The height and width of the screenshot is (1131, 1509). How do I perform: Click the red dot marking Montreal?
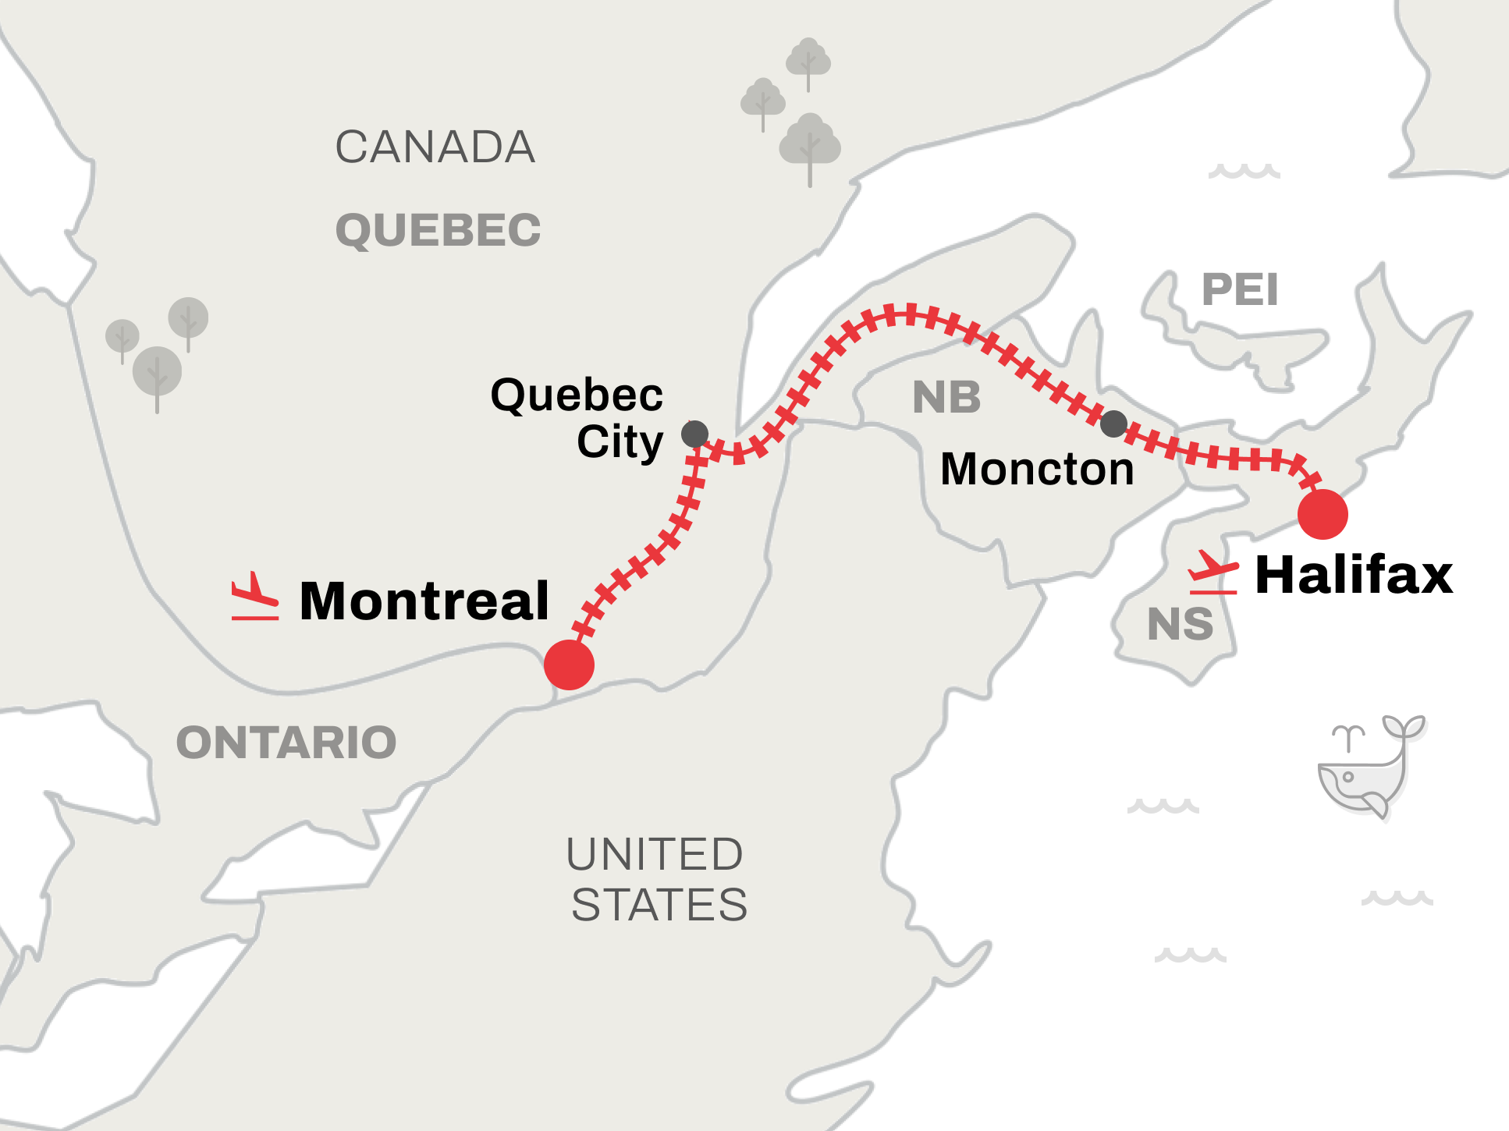[x=569, y=665]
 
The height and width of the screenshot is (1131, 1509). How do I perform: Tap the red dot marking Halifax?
[x=1323, y=514]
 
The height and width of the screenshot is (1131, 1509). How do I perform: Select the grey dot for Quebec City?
[x=694, y=434]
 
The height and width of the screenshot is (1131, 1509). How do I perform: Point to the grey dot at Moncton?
[x=1113, y=424]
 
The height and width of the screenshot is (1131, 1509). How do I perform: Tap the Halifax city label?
[x=1354, y=575]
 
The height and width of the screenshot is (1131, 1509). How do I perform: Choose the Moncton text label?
[x=1037, y=469]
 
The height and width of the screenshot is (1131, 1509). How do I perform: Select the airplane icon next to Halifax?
[x=1213, y=573]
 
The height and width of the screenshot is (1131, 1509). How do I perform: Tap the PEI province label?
[x=1240, y=289]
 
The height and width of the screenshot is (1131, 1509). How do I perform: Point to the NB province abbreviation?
[x=946, y=397]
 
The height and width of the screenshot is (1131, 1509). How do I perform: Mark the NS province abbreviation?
[x=1180, y=624]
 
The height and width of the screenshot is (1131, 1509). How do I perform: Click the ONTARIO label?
[x=286, y=742]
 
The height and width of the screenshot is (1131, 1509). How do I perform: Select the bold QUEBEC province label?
[x=438, y=230]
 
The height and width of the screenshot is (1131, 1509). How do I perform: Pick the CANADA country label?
[x=435, y=147]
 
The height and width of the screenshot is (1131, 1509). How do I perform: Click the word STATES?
[x=659, y=905]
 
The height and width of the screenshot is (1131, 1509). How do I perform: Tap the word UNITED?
[x=655, y=854]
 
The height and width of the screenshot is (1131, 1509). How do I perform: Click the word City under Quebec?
[x=620, y=441]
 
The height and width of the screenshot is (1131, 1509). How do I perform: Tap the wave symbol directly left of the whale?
[x=1163, y=806]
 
